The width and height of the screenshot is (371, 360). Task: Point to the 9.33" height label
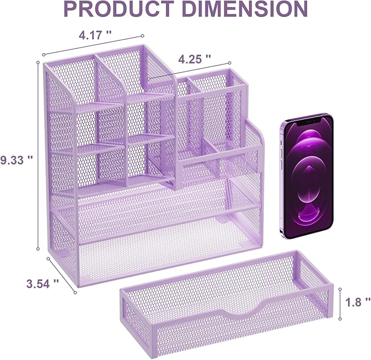(17, 159)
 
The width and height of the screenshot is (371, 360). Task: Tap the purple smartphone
(307, 176)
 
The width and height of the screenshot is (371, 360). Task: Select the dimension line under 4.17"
(93, 46)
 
